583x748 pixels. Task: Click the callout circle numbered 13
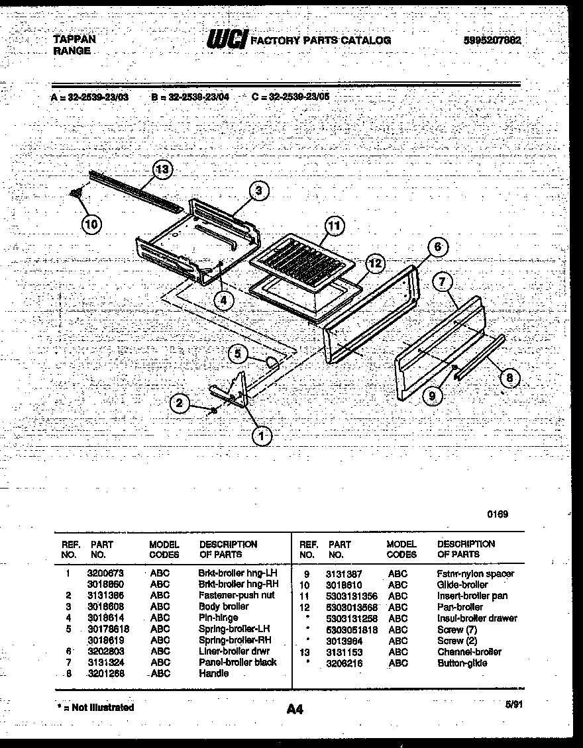click(x=162, y=170)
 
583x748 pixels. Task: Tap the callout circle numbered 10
click(x=92, y=224)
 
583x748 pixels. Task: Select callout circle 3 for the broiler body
click(x=259, y=191)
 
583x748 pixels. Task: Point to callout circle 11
click(x=335, y=226)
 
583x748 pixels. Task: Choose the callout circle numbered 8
click(x=509, y=379)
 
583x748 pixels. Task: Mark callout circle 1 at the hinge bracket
click(x=262, y=436)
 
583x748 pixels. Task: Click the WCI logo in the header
click(x=227, y=40)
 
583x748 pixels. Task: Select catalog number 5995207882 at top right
click(x=492, y=40)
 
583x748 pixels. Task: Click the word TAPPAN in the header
click(x=74, y=39)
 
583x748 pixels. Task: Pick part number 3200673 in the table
click(x=105, y=573)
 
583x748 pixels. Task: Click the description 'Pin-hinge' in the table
click(x=219, y=618)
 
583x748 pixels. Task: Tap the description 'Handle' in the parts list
click(x=214, y=673)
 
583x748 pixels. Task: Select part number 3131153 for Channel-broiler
click(x=344, y=652)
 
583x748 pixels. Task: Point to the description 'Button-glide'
click(x=462, y=663)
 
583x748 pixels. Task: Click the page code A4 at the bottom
click(x=295, y=710)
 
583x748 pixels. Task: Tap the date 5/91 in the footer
click(x=513, y=705)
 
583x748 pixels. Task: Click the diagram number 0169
click(x=498, y=514)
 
